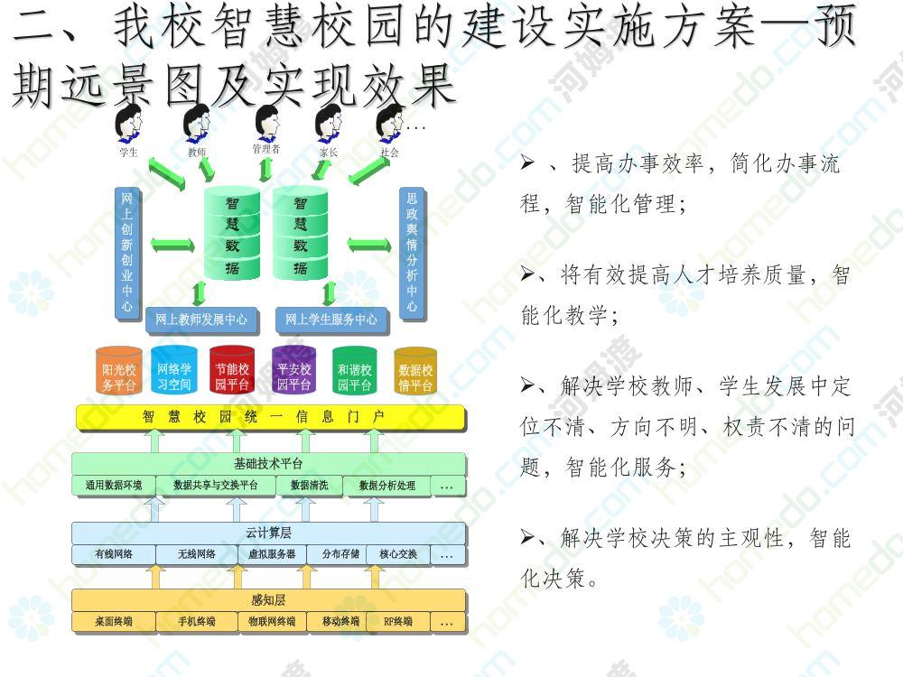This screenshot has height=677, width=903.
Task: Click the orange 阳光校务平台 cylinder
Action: [x=119, y=371]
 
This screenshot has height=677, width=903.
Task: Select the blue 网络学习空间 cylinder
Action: [x=174, y=371]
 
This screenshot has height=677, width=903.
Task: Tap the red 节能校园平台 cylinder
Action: [x=232, y=371]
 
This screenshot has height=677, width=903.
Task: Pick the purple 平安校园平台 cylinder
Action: [x=293, y=371]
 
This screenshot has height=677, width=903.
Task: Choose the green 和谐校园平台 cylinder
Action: [x=355, y=371]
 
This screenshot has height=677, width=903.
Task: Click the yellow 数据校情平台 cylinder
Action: [x=415, y=371]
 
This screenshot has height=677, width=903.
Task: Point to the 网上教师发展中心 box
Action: [x=201, y=320]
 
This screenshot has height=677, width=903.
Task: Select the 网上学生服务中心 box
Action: [x=331, y=320]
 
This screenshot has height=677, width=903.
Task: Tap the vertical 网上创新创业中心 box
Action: [x=127, y=254]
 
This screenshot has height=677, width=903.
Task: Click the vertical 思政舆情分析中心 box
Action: [x=412, y=254]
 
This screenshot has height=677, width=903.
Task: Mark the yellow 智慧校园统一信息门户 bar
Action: [x=271, y=417]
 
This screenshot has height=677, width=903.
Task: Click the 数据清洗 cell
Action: [x=309, y=486]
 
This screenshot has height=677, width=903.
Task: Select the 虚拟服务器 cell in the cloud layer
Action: [x=272, y=554]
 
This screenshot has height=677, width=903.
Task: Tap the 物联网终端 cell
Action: [x=272, y=621]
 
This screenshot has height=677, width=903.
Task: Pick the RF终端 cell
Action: [x=397, y=621]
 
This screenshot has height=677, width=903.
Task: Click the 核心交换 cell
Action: [x=397, y=554]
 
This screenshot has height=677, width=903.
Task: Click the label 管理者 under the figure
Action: [x=266, y=149]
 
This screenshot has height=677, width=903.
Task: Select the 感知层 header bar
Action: [x=269, y=600]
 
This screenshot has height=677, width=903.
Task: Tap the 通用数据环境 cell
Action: [x=114, y=486]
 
